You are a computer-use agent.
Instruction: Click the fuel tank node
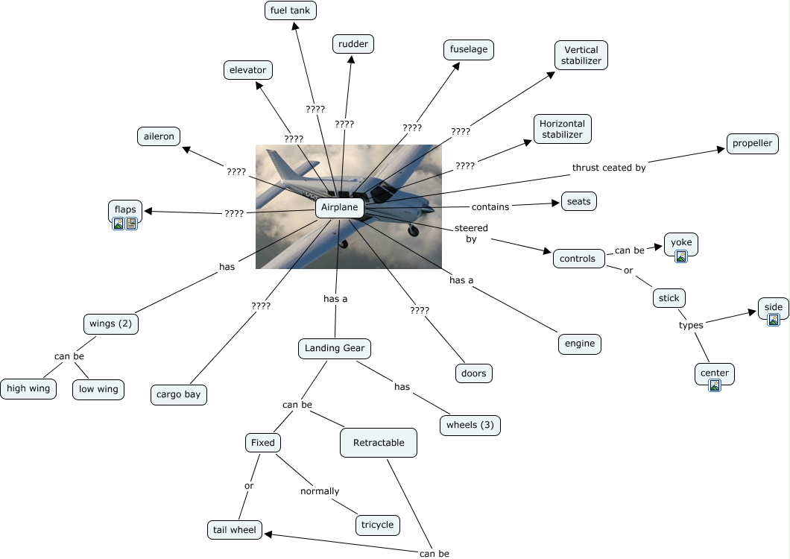(290, 10)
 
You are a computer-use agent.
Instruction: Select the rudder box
(353, 44)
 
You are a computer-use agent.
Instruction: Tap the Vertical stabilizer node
(581, 55)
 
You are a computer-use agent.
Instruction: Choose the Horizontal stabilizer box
(562, 129)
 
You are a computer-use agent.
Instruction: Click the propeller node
(752, 144)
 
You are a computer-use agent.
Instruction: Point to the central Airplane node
(340, 208)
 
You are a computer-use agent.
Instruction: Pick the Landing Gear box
(335, 348)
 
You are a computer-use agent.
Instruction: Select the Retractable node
(379, 443)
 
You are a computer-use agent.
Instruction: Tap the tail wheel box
(234, 530)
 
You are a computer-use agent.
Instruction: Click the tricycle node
(377, 525)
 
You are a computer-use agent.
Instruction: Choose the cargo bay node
(178, 395)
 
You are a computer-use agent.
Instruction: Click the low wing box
(98, 389)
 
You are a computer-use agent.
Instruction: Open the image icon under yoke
(681, 256)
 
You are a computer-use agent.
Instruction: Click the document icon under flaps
(131, 224)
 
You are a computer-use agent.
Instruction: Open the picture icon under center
(715, 385)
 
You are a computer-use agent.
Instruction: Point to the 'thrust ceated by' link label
(609, 168)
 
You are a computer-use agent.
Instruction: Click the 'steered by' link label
(471, 233)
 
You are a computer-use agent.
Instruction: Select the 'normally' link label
(320, 491)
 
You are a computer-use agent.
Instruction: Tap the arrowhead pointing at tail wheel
(268, 534)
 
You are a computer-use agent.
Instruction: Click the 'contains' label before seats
(490, 206)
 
